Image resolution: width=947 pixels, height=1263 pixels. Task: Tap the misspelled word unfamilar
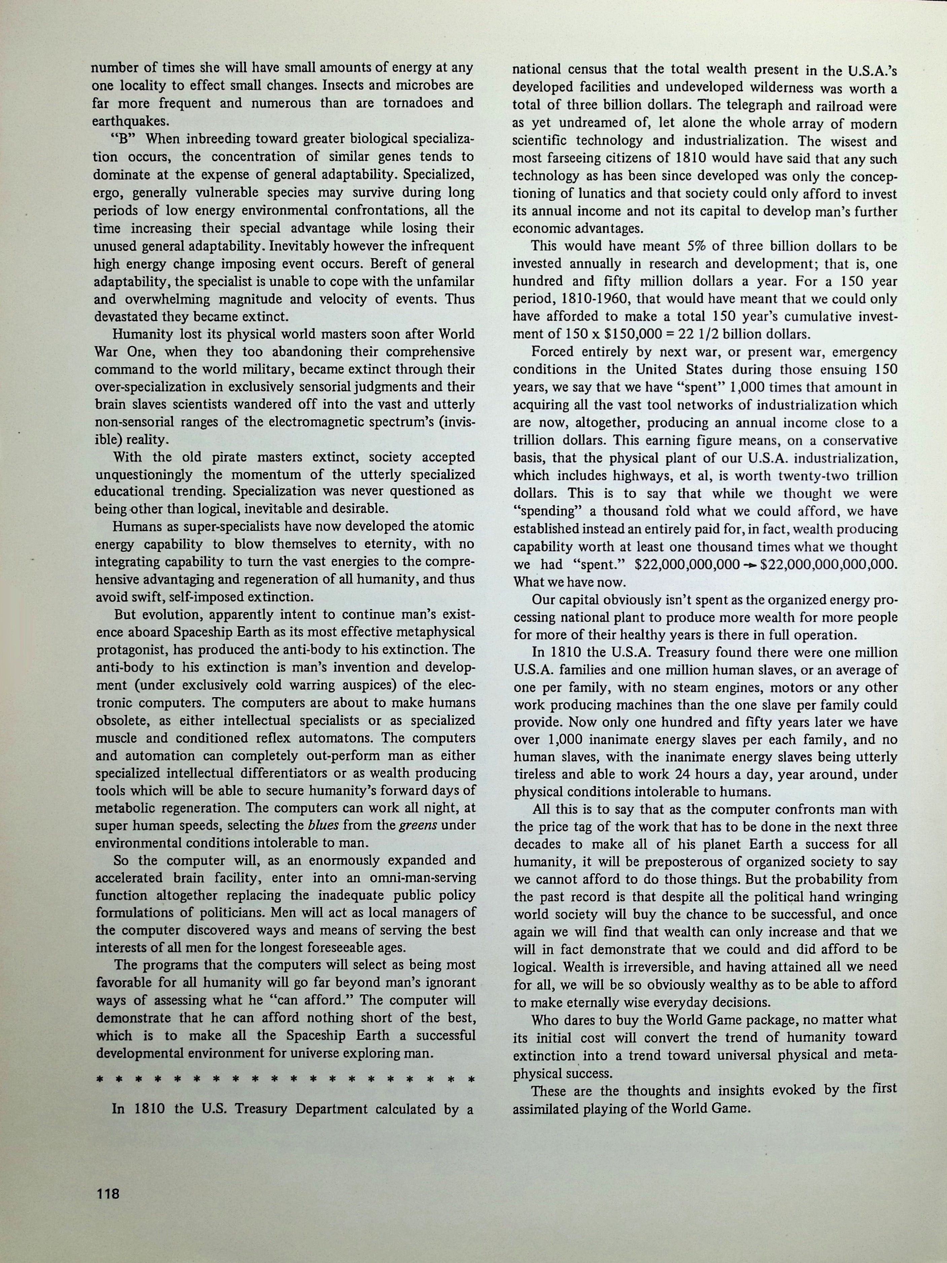[438, 281]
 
